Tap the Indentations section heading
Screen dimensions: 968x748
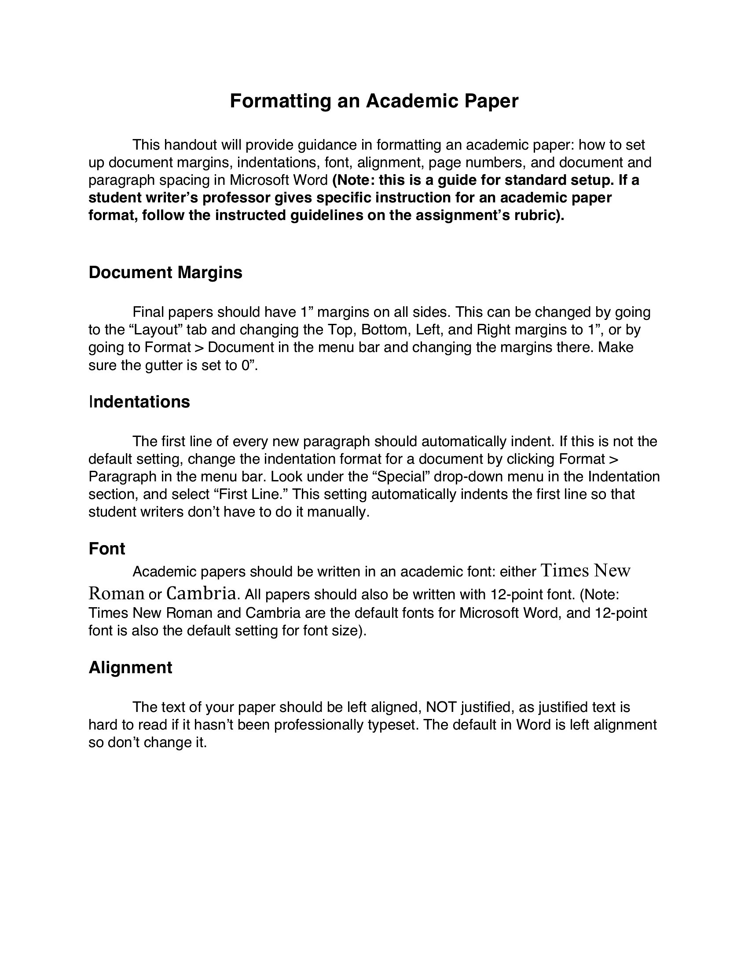point(139,402)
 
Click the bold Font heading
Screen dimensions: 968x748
point(107,549)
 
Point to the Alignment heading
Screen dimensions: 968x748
point(130,667)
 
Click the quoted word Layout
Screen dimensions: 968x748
point(155,330)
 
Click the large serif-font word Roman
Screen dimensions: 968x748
point(117,593)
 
